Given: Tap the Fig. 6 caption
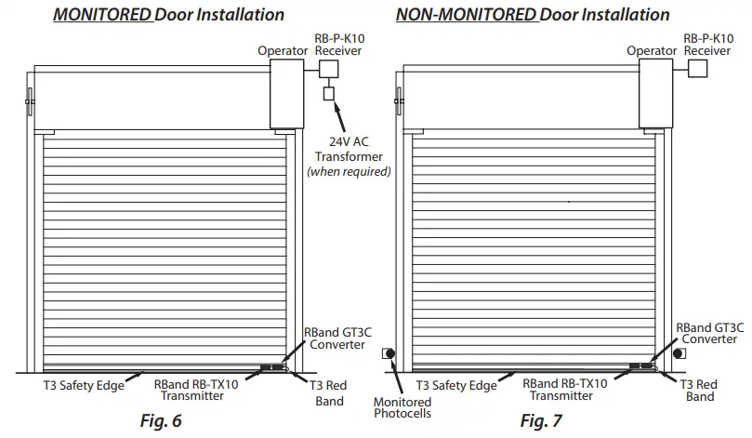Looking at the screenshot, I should [160, 421].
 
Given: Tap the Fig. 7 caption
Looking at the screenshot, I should [541, 421].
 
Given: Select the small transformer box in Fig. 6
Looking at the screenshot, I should [328, 93].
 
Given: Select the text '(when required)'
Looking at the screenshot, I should [349, 172].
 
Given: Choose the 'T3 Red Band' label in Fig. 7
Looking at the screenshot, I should [700, 391].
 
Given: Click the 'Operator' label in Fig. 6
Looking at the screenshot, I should [283, 50].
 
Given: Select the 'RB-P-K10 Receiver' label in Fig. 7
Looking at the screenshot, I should [707, 44].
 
